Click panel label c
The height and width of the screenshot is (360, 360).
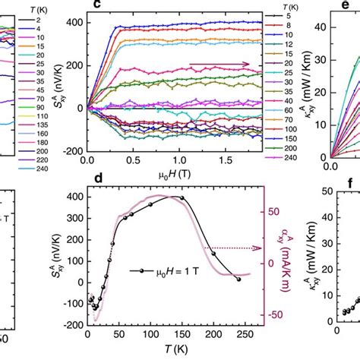click(x=97, y=6)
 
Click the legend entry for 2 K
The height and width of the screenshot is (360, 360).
click(x=47, y=17)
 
